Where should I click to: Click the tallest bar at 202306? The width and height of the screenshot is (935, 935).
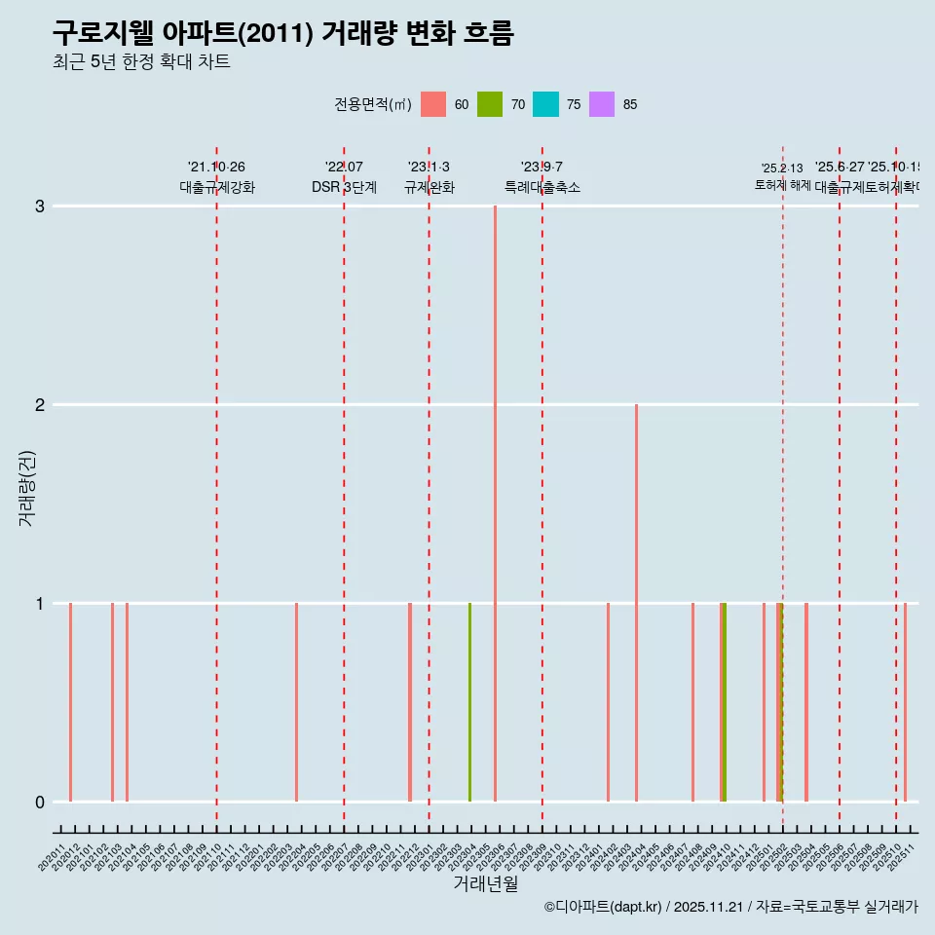pos(495,503)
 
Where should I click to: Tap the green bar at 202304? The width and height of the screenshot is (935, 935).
pos(469,701)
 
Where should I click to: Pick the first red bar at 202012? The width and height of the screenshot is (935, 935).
pos(70,701)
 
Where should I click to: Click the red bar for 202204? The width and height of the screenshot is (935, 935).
pos(296,701)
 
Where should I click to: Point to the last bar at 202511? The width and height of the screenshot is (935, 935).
pos(905,701)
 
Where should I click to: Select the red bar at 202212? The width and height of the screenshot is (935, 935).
pos(410,701)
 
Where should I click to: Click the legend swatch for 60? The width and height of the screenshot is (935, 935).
pos(433,104)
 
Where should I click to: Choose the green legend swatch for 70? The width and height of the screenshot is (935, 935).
pos(490,104)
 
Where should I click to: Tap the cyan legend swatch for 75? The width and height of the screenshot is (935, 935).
pos(546,104)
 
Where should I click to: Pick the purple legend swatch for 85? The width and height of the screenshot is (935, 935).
pos(602,104)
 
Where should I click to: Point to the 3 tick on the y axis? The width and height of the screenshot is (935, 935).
pos(39,206)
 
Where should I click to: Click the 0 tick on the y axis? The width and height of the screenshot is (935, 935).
pos(39,802)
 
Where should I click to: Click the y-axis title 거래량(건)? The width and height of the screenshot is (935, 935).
pos(26,488)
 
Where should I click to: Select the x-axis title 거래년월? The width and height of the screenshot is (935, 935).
pos(485,883)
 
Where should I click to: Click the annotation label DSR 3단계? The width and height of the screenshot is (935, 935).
pos(344,187)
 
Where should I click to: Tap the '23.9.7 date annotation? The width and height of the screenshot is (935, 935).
pos(542,168)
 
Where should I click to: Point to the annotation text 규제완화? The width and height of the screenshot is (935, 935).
pos(429,187)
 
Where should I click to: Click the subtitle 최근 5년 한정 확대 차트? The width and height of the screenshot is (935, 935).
pos(141,62)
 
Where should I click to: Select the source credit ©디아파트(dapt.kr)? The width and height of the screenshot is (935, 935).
pos(603,907)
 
